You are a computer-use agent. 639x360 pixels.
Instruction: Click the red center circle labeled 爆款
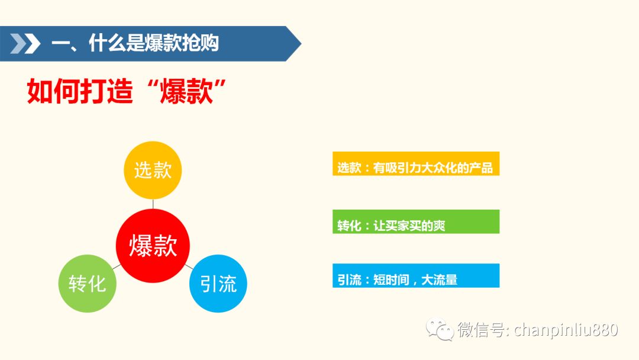click(153, 246)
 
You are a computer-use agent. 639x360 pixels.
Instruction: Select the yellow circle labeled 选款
click(153, 170)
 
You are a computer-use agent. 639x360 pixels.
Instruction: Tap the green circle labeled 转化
click(87, 284)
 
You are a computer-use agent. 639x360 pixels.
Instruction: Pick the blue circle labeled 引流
click(218, 284)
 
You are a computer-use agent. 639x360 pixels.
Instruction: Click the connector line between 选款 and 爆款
click(153, 204)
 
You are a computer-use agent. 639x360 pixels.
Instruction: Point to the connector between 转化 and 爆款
click(117, 266)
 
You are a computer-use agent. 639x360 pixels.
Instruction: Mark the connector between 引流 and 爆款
click(189, 266)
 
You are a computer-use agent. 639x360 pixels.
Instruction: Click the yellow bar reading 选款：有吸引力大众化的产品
click(416, 163)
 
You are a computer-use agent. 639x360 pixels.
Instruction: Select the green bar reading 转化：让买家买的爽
click(416, 221)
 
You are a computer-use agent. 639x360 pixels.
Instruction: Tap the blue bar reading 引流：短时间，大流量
click(416, 275)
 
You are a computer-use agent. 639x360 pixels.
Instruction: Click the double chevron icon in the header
click(25, 44)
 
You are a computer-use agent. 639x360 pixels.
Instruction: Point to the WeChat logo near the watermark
click(440, 329)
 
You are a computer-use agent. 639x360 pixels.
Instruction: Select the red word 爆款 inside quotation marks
click(186, 91)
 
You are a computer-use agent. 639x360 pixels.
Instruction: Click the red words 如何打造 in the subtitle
click(80, 91)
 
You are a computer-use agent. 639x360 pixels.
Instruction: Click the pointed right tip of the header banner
click(301, 44)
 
